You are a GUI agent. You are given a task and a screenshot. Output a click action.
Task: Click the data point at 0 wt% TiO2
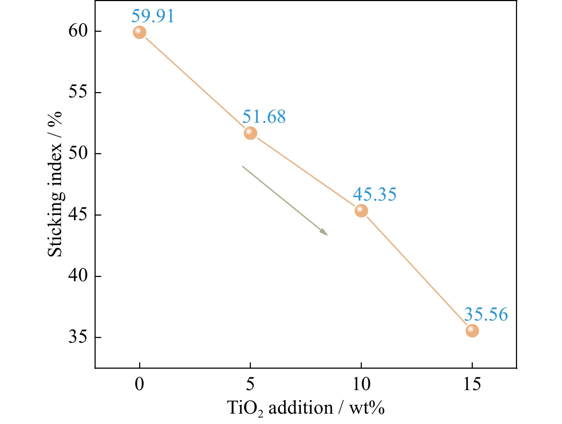point(139,32)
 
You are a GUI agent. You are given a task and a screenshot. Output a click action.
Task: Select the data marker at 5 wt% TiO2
point(250,133)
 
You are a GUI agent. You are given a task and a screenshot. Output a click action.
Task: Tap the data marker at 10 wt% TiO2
point(361,211)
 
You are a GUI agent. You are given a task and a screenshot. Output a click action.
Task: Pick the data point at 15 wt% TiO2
point(472,331)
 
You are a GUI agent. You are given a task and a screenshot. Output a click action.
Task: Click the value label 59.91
point(153,16)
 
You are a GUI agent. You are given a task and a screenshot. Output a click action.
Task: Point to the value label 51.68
point(264,117)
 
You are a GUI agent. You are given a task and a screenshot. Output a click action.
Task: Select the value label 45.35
point(375,194)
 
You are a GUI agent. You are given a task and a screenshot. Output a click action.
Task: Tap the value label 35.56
point(486,314)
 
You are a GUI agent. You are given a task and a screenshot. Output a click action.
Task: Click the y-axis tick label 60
point(78,31)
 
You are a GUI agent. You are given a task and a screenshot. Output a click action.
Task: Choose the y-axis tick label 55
point(78,92)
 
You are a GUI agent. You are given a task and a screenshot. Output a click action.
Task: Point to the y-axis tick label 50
point(78,154)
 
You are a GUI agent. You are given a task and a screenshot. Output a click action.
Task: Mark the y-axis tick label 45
point(78,215)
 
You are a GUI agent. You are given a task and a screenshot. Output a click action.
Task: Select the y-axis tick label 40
point(78,276)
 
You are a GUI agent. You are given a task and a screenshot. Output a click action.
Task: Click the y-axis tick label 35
point(78,337)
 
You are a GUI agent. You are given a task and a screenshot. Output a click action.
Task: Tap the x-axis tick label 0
point(140,385)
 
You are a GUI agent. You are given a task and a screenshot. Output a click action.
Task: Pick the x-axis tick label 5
point(250,385)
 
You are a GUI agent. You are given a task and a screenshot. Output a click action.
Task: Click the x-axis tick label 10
point(361,385)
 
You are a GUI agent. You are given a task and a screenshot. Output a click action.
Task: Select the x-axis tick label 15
point(472,385)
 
